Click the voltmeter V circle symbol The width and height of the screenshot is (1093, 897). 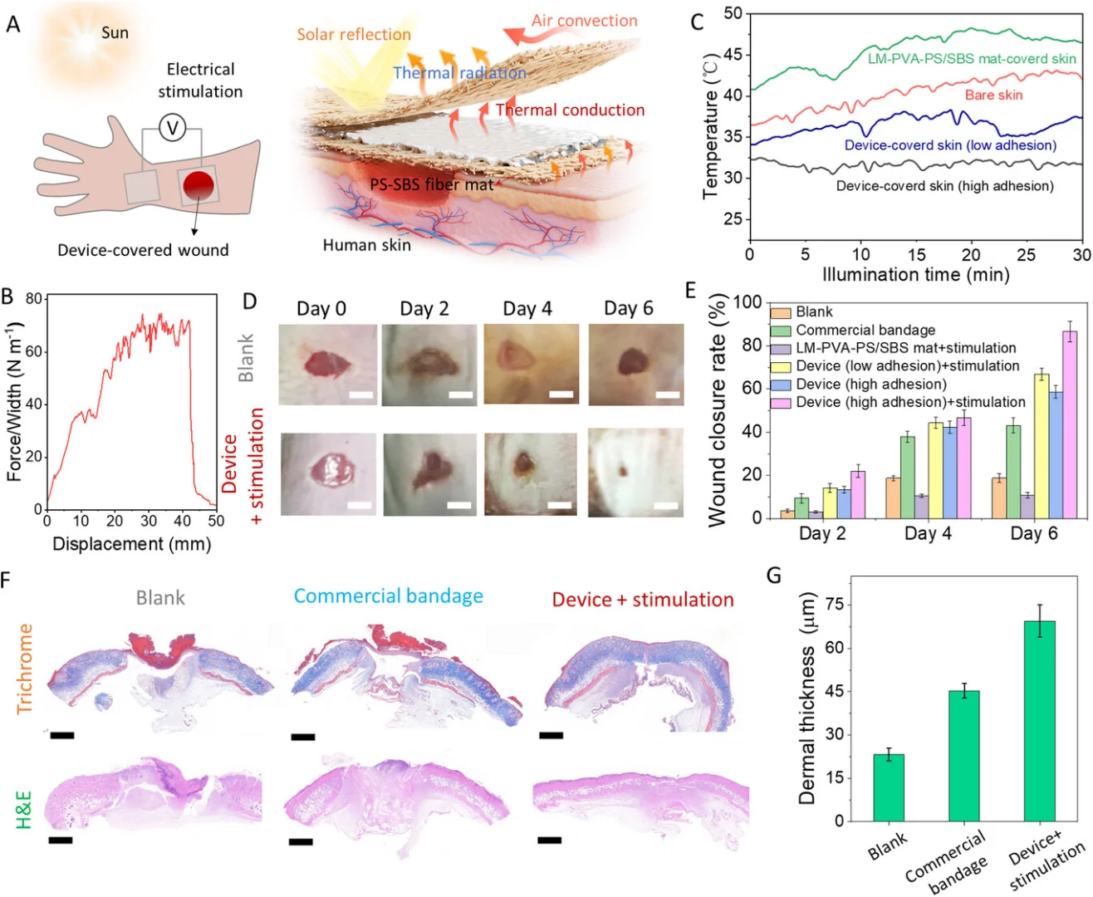pyautogui.click(x=172, y=128)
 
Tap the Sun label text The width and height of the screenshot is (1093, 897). pyautogui.click(x=115, y=33)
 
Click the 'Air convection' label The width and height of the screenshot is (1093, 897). pyautogui.click(x=585, y=21)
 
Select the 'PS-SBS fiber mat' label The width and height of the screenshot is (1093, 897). pyautogui.click(x=431, y=184)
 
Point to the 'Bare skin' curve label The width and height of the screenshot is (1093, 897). pyautogui.click(x=993, y=95)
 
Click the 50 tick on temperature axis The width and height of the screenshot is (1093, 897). pyautogui.click(x=733, y=13)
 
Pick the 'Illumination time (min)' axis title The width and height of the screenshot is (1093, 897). pyautogui.click(x=915, y=275)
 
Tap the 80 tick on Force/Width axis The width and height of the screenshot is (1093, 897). pyautogui.click(x=34, y=299)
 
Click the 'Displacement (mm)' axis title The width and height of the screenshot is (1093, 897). pyautogui.click(x=131, y=544)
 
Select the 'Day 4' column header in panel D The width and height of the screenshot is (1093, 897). pyautogui.click(x=527, y=309)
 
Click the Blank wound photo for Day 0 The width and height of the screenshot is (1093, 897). pyautogui.click(x=327, y=365)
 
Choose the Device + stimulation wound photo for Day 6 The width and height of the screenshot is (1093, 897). pyautogui.click(x=635, y=473)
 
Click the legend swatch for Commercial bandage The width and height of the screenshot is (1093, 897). pyautogui.click(x=780, y=331)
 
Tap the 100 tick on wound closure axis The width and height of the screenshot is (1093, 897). pyautogui.click(x=747, y=302)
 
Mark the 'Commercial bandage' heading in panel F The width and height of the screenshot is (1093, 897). pyautogui.click(x=388, y=596)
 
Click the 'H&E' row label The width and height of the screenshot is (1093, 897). pyautogui.click(x=23, y=810)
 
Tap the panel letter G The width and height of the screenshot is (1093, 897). pyautogui.click(x=774, y=575)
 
